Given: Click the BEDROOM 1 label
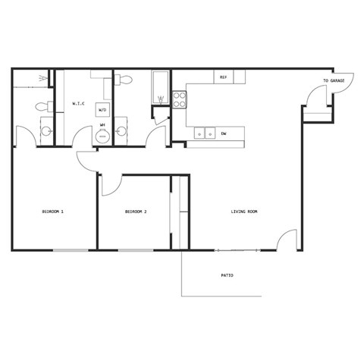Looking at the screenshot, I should pyautogui.click(x=52, y=212).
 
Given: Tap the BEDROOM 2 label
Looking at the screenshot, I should pyautogui.click(x=136, y=212).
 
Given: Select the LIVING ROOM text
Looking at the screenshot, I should pyautogui.click(x=244, y=212).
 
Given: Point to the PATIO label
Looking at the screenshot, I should pyautogui.click(x=227, y=275).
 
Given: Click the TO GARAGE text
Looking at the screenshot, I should pyautogui.click(x=334, y=80).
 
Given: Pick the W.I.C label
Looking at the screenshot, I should pyautogui.click(x=77, y=103).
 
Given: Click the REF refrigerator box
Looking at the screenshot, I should pyautogui.click(x=224, y=77).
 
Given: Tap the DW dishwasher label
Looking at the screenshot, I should pyautogui.click(x=224, y=133).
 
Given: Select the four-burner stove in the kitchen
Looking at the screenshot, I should pyautogui.click(x=180, y=100).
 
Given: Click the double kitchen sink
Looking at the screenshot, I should pyautogui.click(x=203, y=133).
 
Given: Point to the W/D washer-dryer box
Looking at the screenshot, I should pyautogui.click(x=102, y=111).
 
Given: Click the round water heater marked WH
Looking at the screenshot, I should pyautogui.click(x=102, y=135).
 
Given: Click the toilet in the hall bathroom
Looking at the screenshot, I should pyautogui.click(x=127, y=79).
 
